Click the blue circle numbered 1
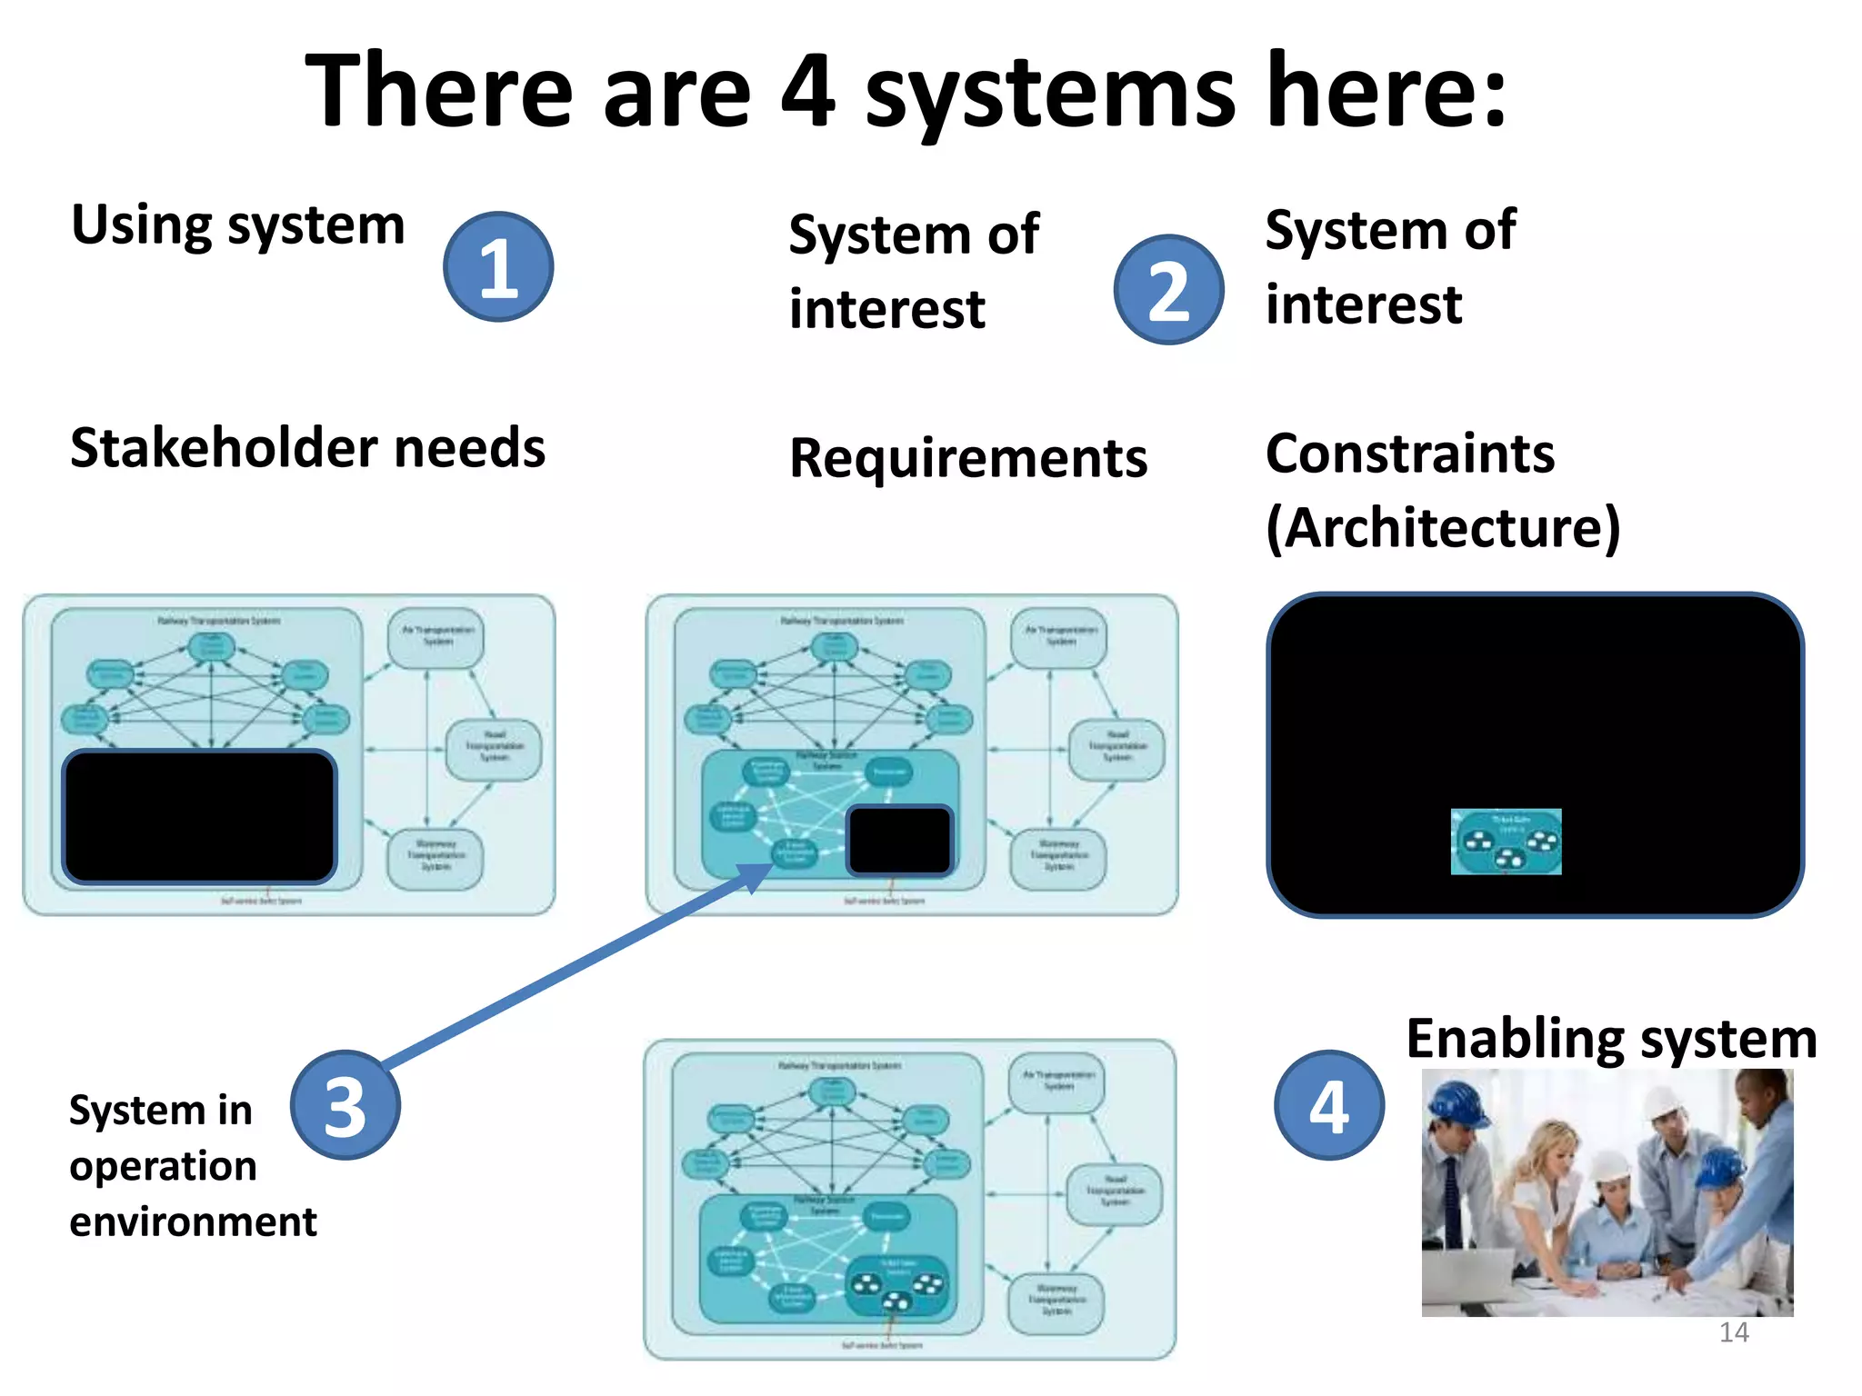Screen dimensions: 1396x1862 pyautogui.click(x=498, y=267)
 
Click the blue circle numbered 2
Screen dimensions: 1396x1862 pyautogui.click(x=1168, y=290)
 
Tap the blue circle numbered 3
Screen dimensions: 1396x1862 pyautogui.click(x=345, y=1105)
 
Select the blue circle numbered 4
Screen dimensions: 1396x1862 pyautogui.click(x=1328, y=1105)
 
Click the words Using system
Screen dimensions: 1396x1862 pyautogui.click(x=238, y=225)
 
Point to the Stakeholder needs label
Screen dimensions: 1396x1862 pyautogui.click(x=307, y=448)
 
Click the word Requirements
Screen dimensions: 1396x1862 pyautogui.click(x=968, y=457)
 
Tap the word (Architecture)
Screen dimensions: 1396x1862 pyautogui.click(x=1443, y=527)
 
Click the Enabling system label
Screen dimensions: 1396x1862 pyautogui.click(x=1611, y=1039)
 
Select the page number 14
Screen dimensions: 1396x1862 pyautogui.click(x=1734, y=1332)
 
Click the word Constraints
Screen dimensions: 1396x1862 pyautogui.click(x=1410, y=453)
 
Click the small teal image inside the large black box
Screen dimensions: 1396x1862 pyautogui.click(x=1506, y=842)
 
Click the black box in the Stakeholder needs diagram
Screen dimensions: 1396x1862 pyautogui.click(x=199, y=816)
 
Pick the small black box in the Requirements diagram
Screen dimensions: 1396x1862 pyautogui.click(x=899, y=840)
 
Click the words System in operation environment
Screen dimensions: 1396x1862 pyautogui.click(x=192, y=1165)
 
